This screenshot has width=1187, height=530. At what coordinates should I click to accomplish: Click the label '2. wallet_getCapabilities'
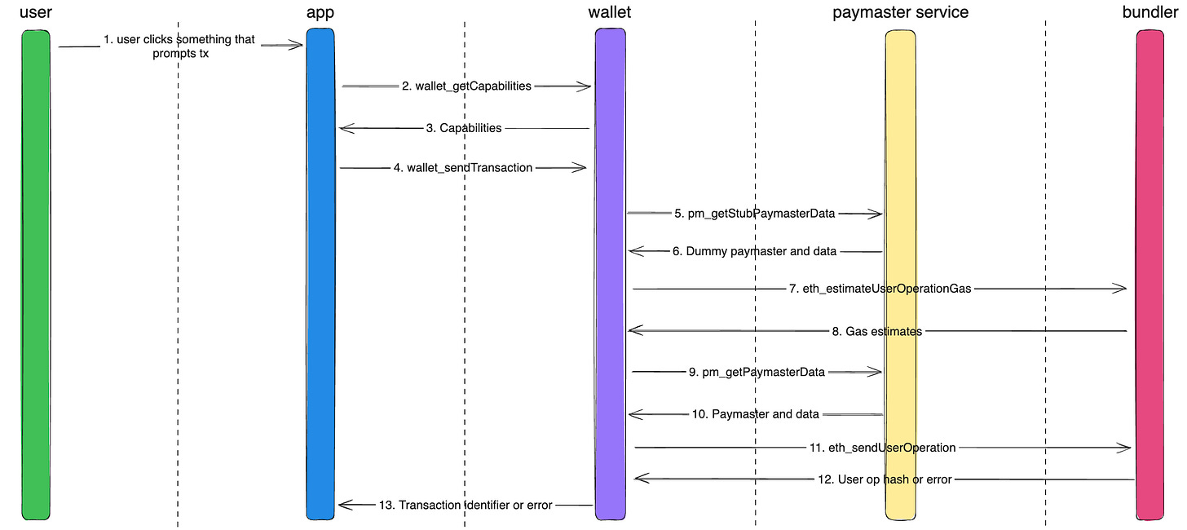click(x=466, y=86)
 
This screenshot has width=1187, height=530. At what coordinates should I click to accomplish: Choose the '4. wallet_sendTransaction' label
click(x=463, y=168)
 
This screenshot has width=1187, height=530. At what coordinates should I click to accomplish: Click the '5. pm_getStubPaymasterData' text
click(x=754, y=214)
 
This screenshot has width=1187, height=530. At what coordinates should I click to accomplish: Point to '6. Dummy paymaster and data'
click(x=754, y=251)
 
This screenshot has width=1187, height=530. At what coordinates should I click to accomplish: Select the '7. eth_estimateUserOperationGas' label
click(x=880, y=289)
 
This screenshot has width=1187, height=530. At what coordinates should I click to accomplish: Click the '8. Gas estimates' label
click(x=876, y=331)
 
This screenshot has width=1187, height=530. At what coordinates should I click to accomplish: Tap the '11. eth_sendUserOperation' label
click(x=882, y=447)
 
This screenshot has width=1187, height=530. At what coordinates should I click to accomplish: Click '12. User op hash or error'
click(x=884, y=479)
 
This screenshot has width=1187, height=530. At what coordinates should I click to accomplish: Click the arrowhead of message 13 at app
click(x=343, y=506)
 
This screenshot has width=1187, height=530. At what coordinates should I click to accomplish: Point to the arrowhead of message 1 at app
click(x=298, y=46)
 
